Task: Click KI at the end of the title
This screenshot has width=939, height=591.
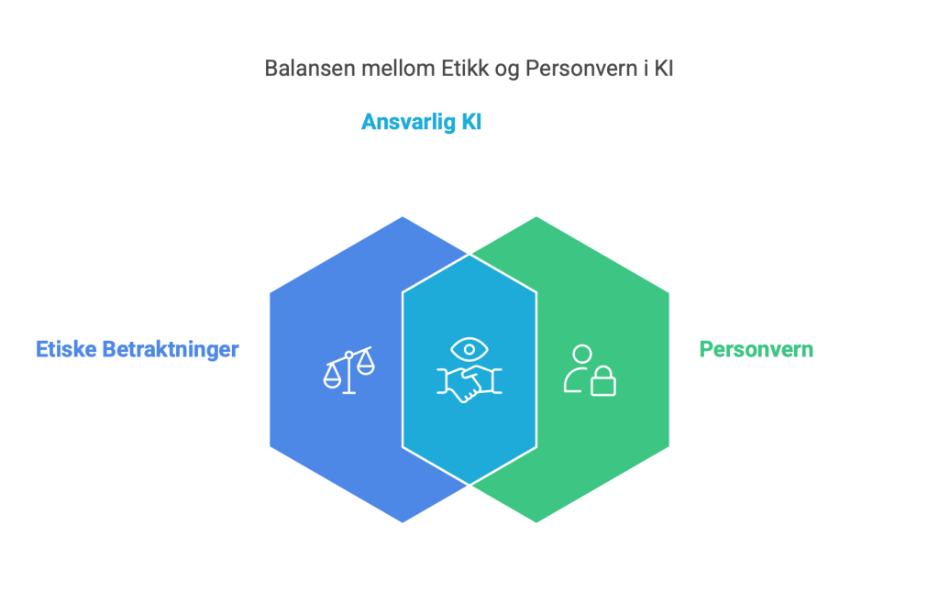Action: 664,68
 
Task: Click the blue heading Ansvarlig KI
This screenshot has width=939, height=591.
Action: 421,122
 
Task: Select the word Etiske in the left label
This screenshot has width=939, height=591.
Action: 66,349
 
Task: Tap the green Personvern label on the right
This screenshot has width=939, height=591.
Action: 757,349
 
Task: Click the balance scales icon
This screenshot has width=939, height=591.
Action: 349,370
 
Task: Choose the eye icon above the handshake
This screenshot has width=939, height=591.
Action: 469,349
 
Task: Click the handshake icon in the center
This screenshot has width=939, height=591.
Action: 469,383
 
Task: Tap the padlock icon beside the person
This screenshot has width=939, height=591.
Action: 603,382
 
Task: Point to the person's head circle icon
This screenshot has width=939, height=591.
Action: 582,354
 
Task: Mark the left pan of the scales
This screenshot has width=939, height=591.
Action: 332,378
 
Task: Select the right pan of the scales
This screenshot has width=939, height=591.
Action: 365,364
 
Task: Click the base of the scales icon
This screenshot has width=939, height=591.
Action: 349,392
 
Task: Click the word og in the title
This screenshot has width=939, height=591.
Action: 507,70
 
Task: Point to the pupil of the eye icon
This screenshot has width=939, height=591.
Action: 469,349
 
